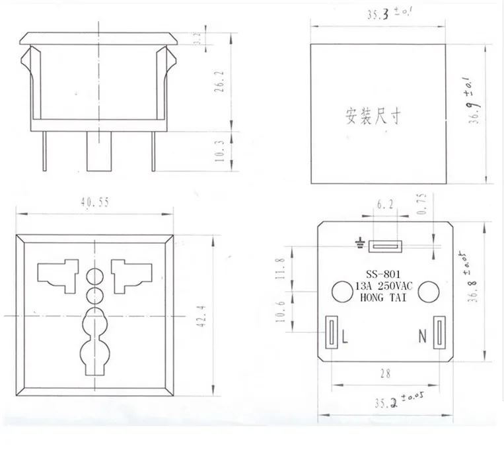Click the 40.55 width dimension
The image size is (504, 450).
[x=95, y=202]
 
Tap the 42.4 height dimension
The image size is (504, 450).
[x=202, y=316]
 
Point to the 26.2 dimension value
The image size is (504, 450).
[x=219, y=82]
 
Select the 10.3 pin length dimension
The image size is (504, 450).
[x=219, y=151]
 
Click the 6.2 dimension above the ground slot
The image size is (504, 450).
[x=385, y=204]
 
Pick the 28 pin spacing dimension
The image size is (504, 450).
[x=385, y=374]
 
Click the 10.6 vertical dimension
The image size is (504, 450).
[x=280, y=312]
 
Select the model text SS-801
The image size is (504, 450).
[x=383, y=275]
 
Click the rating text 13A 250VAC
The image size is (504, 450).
[x=384, y=286]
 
